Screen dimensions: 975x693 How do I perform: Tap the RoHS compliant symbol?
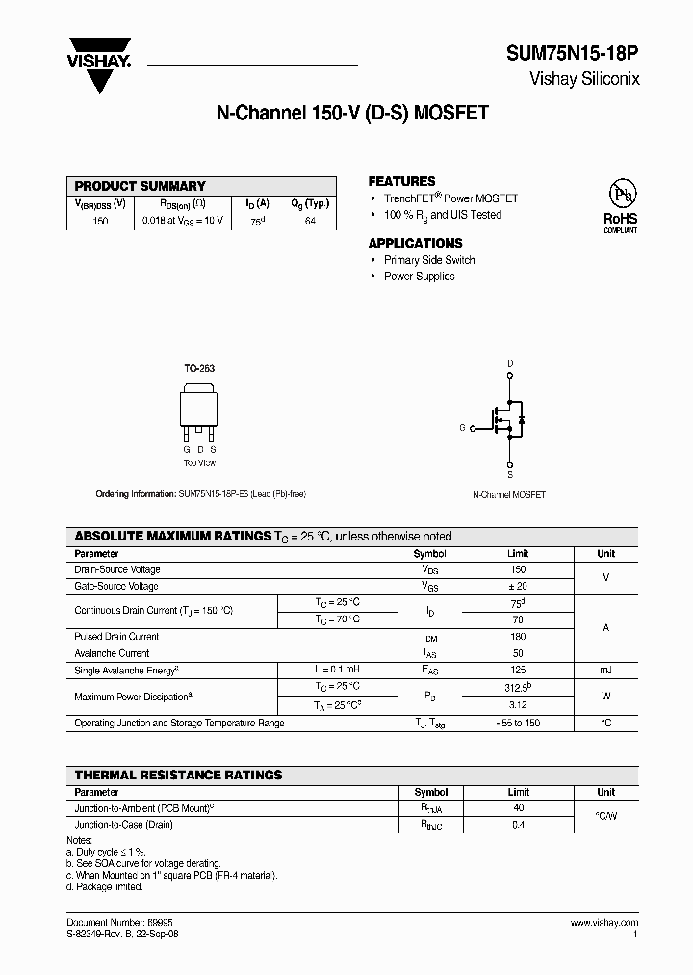[x=620, y=203]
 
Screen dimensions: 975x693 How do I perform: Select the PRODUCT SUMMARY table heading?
[x=141, y=186]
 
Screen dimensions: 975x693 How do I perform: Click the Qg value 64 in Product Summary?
[x=310, y=221]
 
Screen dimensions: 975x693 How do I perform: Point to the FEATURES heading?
[x=401, y=181]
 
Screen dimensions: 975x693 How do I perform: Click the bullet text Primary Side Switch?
[x=429, y=260]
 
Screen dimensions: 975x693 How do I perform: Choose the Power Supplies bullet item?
[x=420, y=277]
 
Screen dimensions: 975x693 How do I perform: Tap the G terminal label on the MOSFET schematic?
[x=462, y=427]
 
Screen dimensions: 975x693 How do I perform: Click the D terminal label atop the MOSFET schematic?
[x=509, y=363]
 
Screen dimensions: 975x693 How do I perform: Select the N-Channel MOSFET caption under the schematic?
[x=509, y=494]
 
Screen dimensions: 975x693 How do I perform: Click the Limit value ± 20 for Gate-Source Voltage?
[x=518, y=586]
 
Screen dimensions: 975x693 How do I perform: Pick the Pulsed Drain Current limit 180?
[x=518, y=637]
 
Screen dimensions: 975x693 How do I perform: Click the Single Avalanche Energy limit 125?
[x=518, y=670]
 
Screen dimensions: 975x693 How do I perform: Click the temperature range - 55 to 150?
[x=518, y=723]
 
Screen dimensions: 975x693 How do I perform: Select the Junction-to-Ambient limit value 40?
[x=518, y=808]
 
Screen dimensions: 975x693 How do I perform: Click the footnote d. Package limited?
[x=104, y=886]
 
